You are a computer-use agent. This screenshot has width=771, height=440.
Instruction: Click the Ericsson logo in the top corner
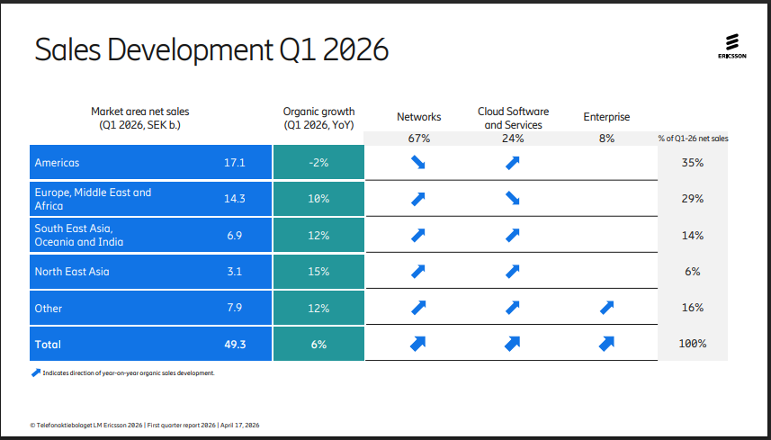click(x=731, y=47)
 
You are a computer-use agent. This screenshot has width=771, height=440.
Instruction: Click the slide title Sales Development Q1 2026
click(x=211, y=50)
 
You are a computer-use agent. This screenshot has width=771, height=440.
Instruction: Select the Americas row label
click(x=58, y=163)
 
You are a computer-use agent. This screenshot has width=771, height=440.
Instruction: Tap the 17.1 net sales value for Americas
click(x=235, y=163)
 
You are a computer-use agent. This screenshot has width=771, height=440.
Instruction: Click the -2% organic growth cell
click(x=318, y=163)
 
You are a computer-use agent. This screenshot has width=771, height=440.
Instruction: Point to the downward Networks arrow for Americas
click(x=418, y=163)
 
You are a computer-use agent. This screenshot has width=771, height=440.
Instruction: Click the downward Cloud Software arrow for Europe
click(x=513, y=199)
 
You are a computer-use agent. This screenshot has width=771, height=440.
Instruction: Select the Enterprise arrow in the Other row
click(x=606, y=308)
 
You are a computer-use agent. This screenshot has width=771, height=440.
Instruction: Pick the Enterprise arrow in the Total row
click(x=606, y=343)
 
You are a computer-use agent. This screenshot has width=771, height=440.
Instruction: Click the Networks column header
click(x=419, y=117)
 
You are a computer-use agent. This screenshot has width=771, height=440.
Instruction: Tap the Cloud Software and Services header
click(x=513, y=118)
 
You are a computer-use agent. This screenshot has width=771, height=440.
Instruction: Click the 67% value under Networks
click(x=419, y=139)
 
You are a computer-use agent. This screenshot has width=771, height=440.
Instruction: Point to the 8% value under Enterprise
click(x=606, y=139)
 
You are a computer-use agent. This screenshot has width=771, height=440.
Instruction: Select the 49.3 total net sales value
click(x=235, y=344)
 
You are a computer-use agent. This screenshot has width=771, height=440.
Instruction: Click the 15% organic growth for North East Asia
click(x=318, y=271)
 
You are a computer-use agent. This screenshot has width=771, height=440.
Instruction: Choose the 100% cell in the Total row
click(x=692, y=344)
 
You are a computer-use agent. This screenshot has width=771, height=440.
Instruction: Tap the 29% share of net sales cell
click(x=692, y=199)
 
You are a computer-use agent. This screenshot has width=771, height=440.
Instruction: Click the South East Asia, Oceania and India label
click(x=79, y=235)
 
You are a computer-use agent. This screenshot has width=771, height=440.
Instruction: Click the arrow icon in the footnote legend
click(x=36, y=372)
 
